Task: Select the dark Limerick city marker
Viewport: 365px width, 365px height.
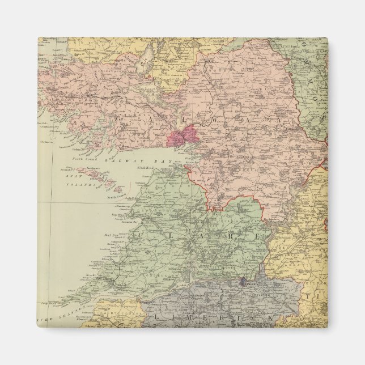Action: [243, 281]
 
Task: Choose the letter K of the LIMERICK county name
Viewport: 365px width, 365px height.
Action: [271, 319]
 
